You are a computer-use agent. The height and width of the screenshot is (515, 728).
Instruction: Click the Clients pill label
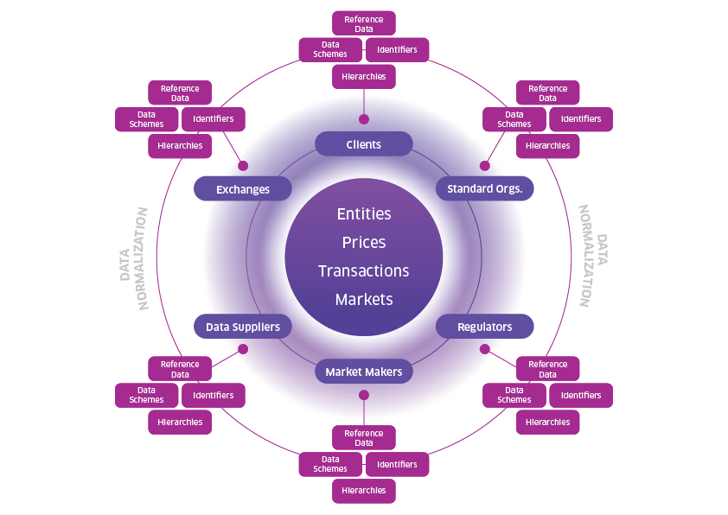coord(363,144)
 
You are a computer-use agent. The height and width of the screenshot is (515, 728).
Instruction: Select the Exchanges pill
coord(242,189)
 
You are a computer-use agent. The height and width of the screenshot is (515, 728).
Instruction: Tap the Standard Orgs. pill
coord(484,189)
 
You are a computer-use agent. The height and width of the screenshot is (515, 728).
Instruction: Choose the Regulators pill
coord(484,327)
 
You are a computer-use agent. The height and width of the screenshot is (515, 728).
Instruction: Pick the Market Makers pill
coord(363,372)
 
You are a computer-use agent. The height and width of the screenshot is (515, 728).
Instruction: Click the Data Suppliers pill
coord(242,327)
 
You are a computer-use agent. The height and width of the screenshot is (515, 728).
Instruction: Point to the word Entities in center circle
coord(363,213)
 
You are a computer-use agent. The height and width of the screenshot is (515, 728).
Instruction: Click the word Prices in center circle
coord(363,242)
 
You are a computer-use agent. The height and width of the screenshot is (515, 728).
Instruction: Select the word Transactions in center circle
coord(363,271)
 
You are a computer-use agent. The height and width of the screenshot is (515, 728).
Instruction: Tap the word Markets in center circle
coord(363,300)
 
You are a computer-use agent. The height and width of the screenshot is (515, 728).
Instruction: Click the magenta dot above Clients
coord(363,119)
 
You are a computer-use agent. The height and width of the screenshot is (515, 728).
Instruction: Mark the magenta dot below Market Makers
coord(363,395)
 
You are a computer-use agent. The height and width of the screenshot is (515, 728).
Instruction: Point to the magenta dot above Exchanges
coord(243,165)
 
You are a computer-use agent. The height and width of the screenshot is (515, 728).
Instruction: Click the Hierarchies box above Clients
coord(363,77)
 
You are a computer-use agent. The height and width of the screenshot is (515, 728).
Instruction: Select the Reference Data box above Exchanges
coord(180,92)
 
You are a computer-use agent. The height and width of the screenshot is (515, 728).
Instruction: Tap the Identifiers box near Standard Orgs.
coord(581,119)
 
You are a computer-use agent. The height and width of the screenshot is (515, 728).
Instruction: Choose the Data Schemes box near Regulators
coord(514,395)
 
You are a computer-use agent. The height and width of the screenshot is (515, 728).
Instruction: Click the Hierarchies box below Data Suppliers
coord(180,423)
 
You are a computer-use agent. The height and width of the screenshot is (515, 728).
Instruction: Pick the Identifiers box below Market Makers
coord(397,464)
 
